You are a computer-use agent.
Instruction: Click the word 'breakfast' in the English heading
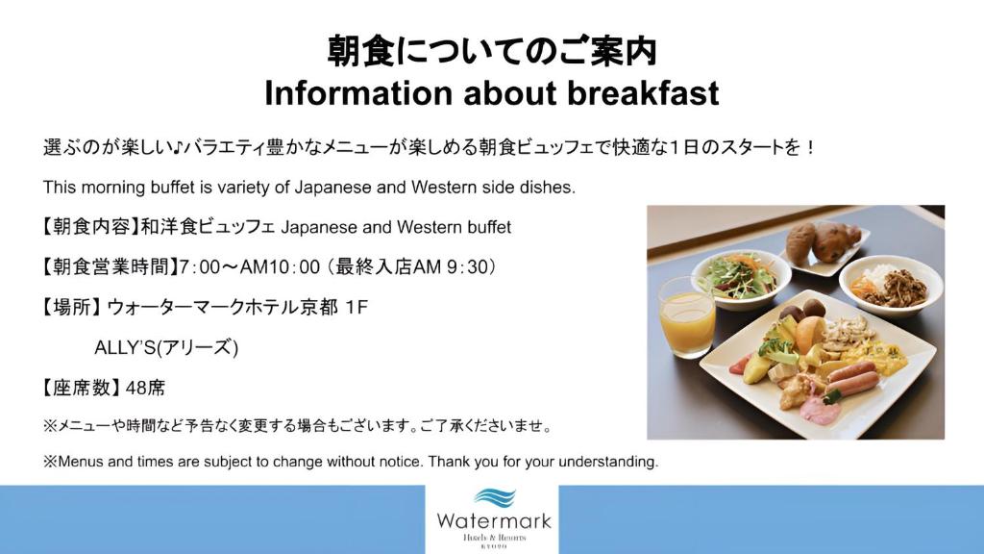[643, 93]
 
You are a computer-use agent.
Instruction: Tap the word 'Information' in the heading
[358, 93]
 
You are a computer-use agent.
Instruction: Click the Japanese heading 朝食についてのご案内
[492, 52]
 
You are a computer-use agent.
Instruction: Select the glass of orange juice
[686, 315]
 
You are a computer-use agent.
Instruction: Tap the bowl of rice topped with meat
[891, 287]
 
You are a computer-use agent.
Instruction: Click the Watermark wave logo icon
[495, 497]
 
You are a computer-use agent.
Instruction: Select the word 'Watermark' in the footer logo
[494, 520]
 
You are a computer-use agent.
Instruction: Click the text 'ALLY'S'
[125, 347]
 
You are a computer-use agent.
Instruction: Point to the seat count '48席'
[145, 388]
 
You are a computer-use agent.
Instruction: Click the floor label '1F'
[357, 307]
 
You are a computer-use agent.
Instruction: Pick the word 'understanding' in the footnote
[607, 462]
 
